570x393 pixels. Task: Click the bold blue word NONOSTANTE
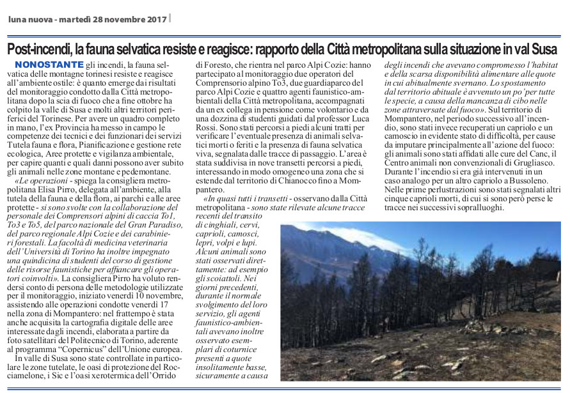pyautogui.click(x=49, y=65)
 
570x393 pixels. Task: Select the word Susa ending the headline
pyautogui.click(x=544, y=49)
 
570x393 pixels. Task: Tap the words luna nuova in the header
pyautogui.click(x=29, y=19)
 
